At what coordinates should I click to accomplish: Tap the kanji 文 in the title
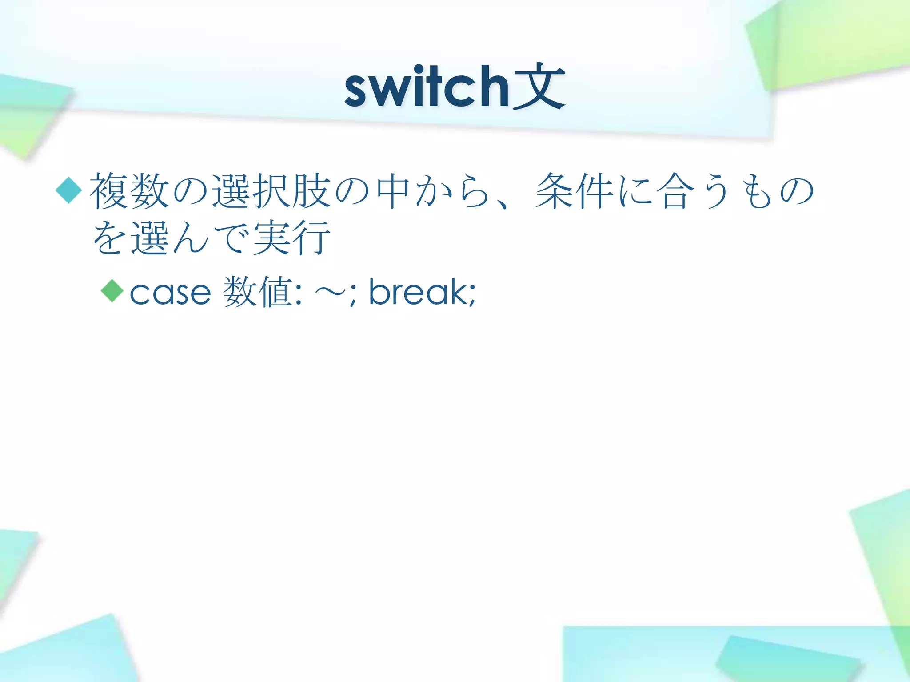click(x=539, y=87)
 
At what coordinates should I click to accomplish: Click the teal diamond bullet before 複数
click(x=69, y=190)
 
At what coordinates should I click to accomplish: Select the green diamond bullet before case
click(x=112, y=291)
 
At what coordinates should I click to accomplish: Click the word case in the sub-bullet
click(x=170, y=293)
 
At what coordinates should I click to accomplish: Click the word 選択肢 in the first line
click(x=271, y=191)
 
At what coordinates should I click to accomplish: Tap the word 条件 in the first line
click(x=573, y=191)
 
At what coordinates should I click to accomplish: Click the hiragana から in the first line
click(x=452, y=191)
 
